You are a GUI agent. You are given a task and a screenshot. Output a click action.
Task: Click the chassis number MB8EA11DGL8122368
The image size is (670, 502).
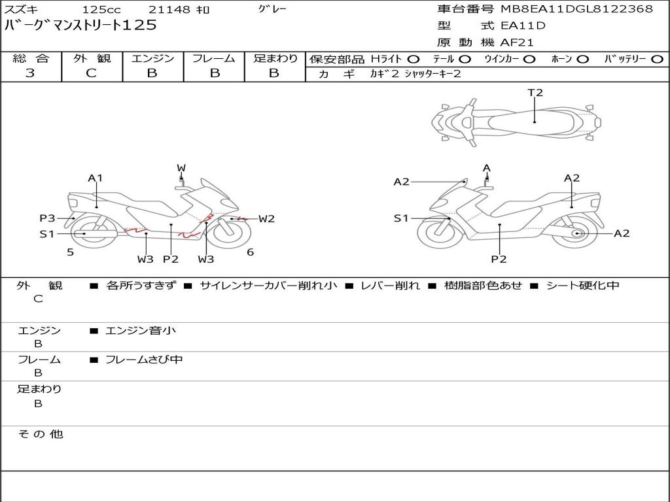pyautogui.click(x=576, y=9)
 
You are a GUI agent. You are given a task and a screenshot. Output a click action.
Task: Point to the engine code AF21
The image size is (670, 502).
pyautogui.click(x=516, y=43)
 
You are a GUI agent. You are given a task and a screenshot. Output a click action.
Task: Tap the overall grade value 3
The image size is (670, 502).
pyautogui.click(x=31, y=73)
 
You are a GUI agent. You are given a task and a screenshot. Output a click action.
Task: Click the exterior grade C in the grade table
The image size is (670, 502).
pyautogui.click(x=92, y=73)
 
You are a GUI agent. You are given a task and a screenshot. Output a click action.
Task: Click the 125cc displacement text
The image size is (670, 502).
pyautogui.click(x=101, y=10)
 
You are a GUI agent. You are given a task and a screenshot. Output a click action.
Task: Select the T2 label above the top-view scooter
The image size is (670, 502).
pyautogui.click(x=535, y=93)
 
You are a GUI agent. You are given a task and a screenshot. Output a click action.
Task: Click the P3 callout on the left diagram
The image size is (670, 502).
pyautogui.click(x=47, y=218)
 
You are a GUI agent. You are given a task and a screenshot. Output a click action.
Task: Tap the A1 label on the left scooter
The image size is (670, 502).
pyautogui.click(x=96, y=178)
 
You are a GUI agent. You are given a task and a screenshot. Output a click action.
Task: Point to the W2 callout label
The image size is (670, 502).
pyautogui.click(x=266, y=219)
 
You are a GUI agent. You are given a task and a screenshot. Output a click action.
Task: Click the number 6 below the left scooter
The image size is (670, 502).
pyautogui.click(x=250, y=252)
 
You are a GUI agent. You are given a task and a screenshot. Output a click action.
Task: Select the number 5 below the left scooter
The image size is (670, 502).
pyautogui.click(x=70, y=252)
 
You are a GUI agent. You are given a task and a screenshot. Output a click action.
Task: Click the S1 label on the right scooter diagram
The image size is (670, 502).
pyautogui.click(x=401, y=218)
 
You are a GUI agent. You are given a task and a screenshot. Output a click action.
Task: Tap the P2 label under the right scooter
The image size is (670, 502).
pyautogui.click(x=499, y=259)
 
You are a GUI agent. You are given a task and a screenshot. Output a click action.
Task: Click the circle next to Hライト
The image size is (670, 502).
pyautogui.click(x=414, y=59)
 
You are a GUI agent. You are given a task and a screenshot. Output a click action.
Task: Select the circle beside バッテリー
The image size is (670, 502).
pyautogui.click(x=657, y=59)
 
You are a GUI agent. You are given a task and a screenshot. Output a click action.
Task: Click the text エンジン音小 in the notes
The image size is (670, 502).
pyautogui.click(x=141, y=331)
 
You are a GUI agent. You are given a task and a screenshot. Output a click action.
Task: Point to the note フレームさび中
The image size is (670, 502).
pyautogui.click(x=144, y=360)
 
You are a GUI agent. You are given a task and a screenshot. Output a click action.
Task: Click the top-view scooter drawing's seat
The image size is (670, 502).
pyautogui.click(x=533, y=121)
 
